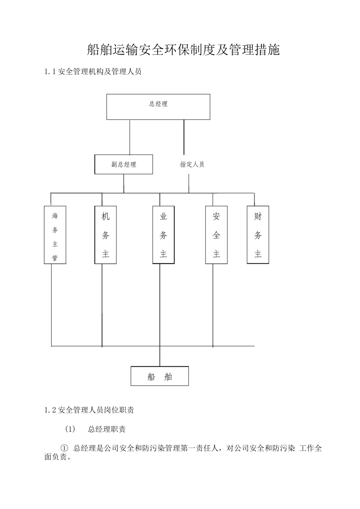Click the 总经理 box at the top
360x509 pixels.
pyautogui.click(x=158, y=107)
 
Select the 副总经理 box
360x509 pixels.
pyautogui.click(x=124, y=164)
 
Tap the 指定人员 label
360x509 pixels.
pyautogui.click(x=192, y=164)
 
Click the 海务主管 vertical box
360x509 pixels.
pyautogui.click(x=55, y=235)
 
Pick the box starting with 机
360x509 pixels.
pyautogui.click(x=105, y=235)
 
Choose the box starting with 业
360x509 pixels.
pyautogui.click(x=163, y=235)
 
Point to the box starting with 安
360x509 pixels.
pyautogui.click(x=216, y=235)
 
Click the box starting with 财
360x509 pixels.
pyautogui.click(x=258, y=235)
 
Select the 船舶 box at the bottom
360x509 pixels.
pyautogui.click(x=160, y=376)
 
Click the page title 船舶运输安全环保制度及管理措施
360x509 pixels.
pyautogui.click(x=183, y=50)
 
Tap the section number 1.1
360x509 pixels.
pyautogui.click(x=50, y=72)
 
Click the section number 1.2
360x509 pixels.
pyautogui.click(x=50, y=410)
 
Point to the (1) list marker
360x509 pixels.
pyautogui.click(x=70, y=429)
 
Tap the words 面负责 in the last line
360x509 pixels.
pyautogui.click(x=55, y=457)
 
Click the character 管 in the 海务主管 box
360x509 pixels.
pyautogui.click(x=55, y=258)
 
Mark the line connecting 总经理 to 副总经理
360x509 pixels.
pyautogui.click(x=130, y=137)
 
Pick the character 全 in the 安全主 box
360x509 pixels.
pyautogui.click(x=216, y=235)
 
